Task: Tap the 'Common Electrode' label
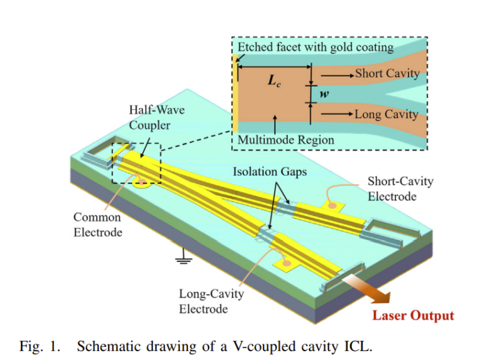coord(98,224)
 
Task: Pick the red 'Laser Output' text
coord(412,315)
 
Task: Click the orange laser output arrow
coord(372,289)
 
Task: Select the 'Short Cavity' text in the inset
coord(387,74)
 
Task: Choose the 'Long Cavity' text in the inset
coord(386,114)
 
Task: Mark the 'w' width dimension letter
coord(324,94)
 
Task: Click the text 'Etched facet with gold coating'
coord(315,47)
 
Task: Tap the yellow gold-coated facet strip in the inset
coord(236,95)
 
